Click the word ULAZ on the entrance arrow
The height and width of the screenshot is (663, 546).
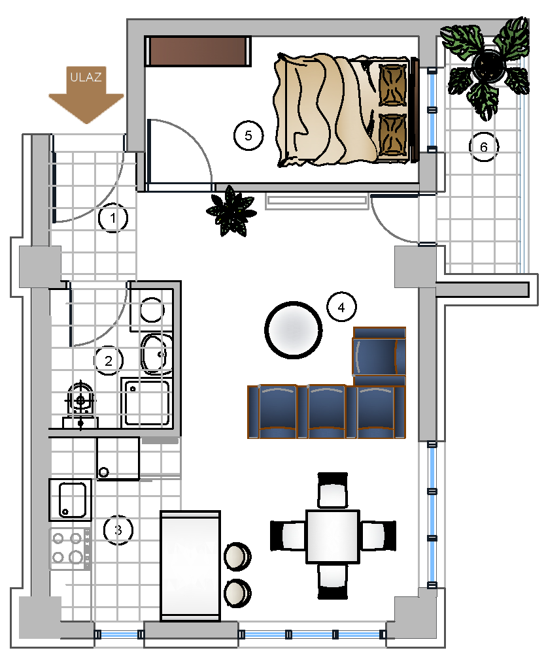coord(86,77)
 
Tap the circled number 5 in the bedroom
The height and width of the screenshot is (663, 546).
coord(248,135)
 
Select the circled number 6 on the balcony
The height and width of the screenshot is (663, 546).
coord(484,147)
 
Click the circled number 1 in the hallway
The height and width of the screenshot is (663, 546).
coord(112,218)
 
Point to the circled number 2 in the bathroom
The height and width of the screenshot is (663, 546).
coord(109,361)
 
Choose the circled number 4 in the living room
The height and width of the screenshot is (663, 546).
coord(341,307)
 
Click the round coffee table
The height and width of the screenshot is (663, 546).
coord(294,330)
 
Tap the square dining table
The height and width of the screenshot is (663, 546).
coord(333,536)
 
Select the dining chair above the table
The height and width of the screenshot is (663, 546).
coord(333,490)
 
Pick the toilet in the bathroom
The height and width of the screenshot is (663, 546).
coord(80,404)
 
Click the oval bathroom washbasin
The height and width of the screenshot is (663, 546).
coord(156,354)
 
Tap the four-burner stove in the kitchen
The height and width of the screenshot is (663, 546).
coord(70,549)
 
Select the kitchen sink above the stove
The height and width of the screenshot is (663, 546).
coord(70,499)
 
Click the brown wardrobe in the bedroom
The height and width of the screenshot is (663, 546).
coord(197,51)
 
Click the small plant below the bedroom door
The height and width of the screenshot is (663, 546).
coord(231,210)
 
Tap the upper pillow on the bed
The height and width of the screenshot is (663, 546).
coord(393,84)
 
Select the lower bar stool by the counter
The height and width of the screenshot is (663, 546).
coord(237,592)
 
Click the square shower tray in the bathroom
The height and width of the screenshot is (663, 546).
coord(146,402)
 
